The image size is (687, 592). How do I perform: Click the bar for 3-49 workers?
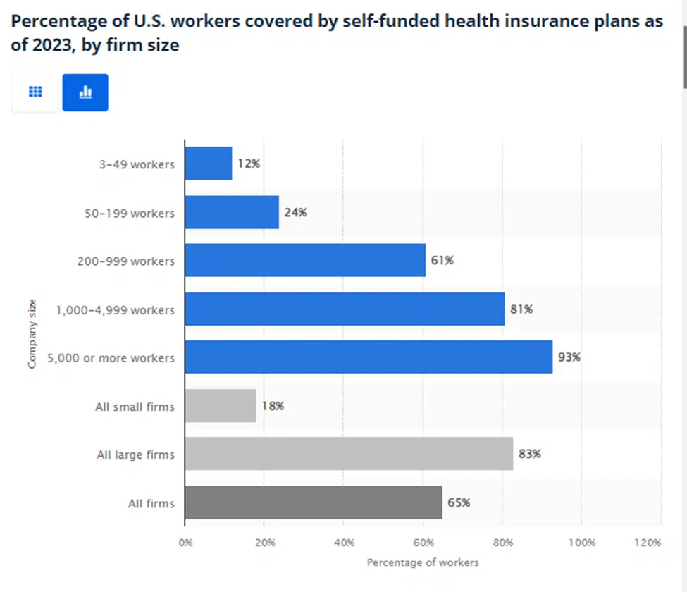(209, 164)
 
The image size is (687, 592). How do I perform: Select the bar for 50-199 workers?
(232, 212)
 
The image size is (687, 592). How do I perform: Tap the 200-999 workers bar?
(305, 261)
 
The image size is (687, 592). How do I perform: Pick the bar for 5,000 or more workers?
(369, 357)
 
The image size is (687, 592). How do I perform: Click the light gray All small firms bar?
(221, 406)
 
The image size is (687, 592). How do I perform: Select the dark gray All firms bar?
(314, 503)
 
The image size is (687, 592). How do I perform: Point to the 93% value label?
(569, 357)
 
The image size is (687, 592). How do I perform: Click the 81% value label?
(521, 309)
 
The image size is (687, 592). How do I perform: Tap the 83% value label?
(529, 455)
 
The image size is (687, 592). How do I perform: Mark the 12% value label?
(249, 164)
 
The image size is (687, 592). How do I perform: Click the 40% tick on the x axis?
(343, 543)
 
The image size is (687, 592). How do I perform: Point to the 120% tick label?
(647, 543)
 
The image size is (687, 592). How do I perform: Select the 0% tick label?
(185, 543)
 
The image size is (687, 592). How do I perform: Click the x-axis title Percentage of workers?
(423, 562)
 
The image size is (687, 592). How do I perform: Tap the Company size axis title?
(32, 334)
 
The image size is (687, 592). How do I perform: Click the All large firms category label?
(135, 455)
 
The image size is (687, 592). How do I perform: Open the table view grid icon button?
(35, 92)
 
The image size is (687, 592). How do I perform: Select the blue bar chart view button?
(85, 92)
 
